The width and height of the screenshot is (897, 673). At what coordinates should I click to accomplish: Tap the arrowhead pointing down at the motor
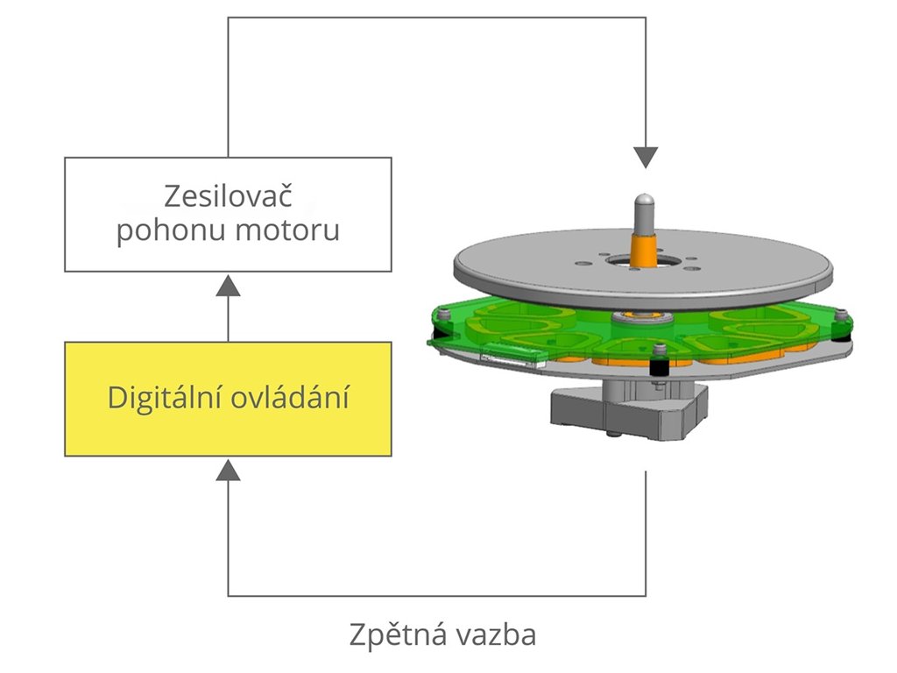[x=646, y=157]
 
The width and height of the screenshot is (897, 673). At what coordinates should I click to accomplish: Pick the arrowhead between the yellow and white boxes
[x=229, y=284]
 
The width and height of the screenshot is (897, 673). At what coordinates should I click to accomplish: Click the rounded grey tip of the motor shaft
[x=646, y=201]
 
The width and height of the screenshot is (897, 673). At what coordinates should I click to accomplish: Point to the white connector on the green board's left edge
[x=512, y=357]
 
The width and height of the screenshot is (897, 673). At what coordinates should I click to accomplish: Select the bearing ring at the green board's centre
[x=637, y=316]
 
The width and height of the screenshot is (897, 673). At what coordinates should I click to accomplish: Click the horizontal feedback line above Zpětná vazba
[x=438, y=596]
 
